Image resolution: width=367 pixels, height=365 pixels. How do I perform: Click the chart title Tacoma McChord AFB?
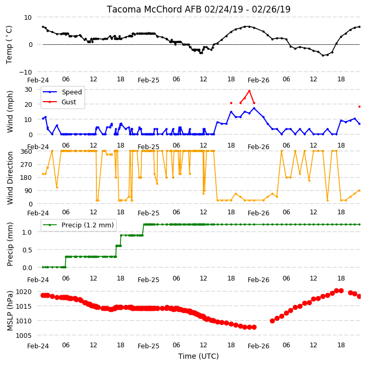pyautogui.click(x=154, y=9)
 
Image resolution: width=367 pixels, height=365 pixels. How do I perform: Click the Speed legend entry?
pyautogui.click(x=62, y=92)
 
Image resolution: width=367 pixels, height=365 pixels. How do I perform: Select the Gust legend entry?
pyautogui.click(x=59, y=102)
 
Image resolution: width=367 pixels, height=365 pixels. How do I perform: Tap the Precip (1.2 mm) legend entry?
pyautogui.click(x=78, y=225)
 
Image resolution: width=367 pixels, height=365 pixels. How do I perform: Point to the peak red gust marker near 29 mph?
pyautogui.click(x=250, y=91)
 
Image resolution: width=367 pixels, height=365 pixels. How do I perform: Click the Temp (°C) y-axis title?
pyautogui.click(x=9, y=44)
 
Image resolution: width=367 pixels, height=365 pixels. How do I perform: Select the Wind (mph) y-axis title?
pyautogui.click(x=10, y=112)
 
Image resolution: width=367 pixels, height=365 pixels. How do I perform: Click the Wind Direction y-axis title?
pyautogui.click(x=10, y=178)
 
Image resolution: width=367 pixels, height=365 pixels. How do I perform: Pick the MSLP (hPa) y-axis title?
pyautogui.click(x=10, y=311)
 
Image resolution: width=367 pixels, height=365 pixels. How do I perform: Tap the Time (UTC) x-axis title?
pyautogui.click(x=199, y=356)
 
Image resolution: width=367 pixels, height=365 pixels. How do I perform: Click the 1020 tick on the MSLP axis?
pyautogui.click(x=23, y=291)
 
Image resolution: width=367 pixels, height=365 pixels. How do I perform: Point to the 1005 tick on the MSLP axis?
pyautogui.click(x=23, y=335)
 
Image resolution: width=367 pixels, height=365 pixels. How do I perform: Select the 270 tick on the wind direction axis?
pyautogui.click(x=26, y=165)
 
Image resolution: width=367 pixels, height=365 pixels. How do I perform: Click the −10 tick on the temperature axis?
pyautogui.click(x=25, y=72)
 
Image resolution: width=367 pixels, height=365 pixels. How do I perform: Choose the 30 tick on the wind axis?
pyautogui.click(x=28, y=90)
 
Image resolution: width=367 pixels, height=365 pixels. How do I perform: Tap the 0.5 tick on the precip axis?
pyautogui.click(x=27, y=250)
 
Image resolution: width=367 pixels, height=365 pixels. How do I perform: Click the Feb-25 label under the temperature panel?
pyautogui.click(x=149, y=80)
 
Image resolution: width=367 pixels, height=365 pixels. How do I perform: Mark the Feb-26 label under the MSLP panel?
pyautogui.click(x=259, y=346)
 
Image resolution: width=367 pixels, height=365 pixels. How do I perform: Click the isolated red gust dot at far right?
pyautogui.click(x=360, y=106)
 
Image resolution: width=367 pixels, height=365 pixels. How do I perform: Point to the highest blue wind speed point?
pyautogui.click(x=254, y=108)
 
